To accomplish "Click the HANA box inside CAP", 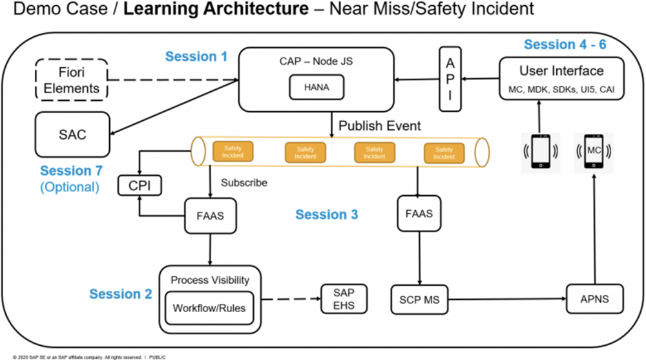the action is coord(317,87).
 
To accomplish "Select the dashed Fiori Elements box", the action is coord(72,80).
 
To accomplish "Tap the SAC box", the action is coord(72,134).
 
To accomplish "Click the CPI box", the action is coord(140,185).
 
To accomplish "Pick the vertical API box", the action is coord(450,79).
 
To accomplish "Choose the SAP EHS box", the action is coord(344,299).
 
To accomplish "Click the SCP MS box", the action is coord(419,299).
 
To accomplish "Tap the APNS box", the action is coord(594,299).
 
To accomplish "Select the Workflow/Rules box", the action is coord(209,308).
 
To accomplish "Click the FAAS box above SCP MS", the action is coord(419,213).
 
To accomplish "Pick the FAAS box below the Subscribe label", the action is coord(211,216).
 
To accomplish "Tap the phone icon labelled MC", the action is coord(594,151).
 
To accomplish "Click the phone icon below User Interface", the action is coord(541,151).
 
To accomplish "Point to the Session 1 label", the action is coord(196,56).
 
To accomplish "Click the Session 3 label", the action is coord(327,215).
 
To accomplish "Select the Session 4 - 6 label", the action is coord(565,44).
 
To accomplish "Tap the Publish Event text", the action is coord(379,126).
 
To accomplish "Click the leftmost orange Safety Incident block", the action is coord(233,151).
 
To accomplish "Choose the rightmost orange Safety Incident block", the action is coord(444,153).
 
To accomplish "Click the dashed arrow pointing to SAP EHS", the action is coord(291,299).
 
